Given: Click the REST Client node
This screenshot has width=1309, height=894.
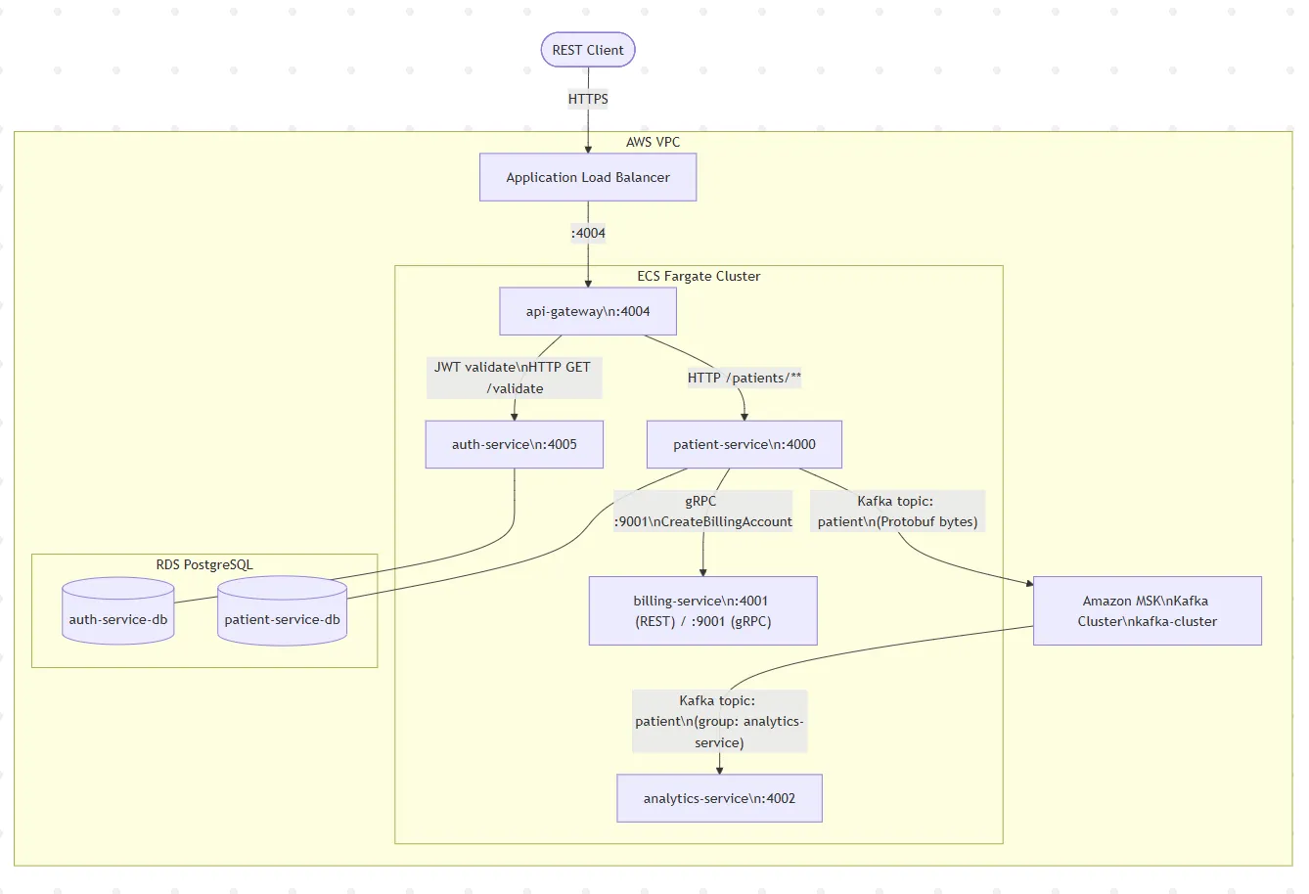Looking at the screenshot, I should coord(588,50).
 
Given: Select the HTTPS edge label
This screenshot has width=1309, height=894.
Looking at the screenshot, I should coord(588,99).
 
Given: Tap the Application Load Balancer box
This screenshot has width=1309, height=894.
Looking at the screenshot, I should coord(588,178).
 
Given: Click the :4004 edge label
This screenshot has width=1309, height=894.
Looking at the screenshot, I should coord(588,233).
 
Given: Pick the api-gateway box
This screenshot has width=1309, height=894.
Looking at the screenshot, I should coord(588,312).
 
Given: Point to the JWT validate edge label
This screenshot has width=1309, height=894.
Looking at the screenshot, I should coord(515,378).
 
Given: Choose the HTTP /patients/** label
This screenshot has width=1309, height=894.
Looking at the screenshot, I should coord(745,378).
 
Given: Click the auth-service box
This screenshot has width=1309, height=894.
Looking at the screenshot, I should coord(515,444).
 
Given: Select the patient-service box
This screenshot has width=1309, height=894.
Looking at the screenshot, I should coord(745,444).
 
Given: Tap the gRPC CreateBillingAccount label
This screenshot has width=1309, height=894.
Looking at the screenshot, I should coord(702,512).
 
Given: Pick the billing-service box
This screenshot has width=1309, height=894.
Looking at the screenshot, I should coord(702,611).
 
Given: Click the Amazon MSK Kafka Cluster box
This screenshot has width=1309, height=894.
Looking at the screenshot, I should coord(1148,611).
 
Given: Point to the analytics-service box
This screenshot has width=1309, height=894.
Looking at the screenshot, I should coord(719,798).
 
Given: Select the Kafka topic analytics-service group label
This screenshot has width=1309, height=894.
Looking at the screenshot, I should coord(719,722).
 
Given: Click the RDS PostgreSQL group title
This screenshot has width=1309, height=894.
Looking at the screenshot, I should coord(204,564).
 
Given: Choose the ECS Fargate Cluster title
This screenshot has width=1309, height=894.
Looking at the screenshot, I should coord(699,277).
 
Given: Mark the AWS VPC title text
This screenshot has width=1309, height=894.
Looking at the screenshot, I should coord(653,142).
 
